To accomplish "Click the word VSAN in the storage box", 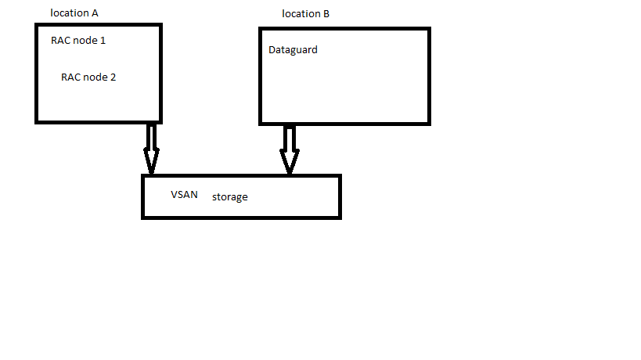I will pos(184,194).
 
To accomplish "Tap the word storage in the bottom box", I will pos(229,197).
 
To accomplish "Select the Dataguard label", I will pos(293,50).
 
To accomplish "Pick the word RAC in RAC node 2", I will pos(71,77).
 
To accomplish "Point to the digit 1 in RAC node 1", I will pos(103,40).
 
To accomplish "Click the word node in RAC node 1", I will pos(85,40).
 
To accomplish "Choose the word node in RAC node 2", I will pos(95,77).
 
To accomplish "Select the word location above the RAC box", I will pos(69,13).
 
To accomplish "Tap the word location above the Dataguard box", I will pos(301,14).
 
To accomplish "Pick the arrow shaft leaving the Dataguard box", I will pos(290,137).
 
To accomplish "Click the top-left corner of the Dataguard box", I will pos(261,30).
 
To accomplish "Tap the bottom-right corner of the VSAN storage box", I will pos(339,216).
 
